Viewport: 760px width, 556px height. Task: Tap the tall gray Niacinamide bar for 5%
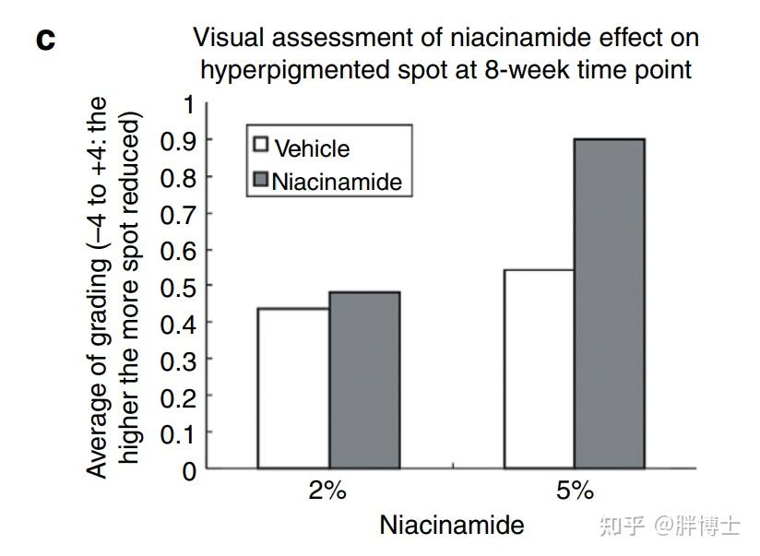(609, 303)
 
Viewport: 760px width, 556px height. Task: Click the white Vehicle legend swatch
(260, 145)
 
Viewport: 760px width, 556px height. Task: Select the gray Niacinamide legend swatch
(260, 179)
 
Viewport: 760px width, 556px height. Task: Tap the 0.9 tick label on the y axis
(178, 141)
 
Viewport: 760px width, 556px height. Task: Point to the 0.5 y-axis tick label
(178, 288)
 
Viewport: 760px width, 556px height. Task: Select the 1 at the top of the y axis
(189, 104)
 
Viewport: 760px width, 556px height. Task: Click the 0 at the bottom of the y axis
(189, 470)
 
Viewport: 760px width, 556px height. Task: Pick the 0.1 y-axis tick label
(178, 434)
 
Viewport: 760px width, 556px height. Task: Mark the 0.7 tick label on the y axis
(178, 214)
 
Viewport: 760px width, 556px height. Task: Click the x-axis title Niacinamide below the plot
(451, 525)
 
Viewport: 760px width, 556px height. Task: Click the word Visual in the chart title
(227, 38)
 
